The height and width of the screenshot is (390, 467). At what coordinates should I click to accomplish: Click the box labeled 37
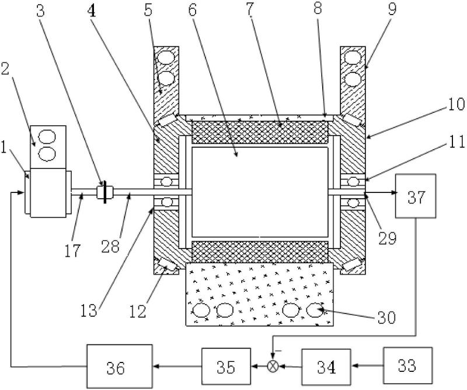[416, 196]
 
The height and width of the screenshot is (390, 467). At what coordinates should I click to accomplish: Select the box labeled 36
[120, 367]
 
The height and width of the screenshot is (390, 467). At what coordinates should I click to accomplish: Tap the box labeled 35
[226, 366]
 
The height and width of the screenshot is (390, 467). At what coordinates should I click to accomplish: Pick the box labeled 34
[326, 367]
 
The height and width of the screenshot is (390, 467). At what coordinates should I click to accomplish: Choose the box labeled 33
[407, 365]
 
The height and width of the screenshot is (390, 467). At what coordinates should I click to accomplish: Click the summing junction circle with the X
[273, 366]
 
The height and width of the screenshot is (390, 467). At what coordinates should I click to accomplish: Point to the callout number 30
[386, 317]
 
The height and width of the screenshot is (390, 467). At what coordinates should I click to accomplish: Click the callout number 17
[72, 250]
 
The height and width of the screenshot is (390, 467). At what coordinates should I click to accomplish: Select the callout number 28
[110, 247]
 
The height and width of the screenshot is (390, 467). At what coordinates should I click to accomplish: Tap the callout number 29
[387, 238]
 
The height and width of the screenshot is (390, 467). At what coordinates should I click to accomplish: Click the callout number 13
[89, 310]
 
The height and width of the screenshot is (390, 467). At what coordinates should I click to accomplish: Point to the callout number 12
[138, 311]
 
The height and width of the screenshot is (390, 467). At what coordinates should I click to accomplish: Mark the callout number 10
[456, 104]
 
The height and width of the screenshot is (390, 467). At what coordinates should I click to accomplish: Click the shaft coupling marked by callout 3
[105, 192]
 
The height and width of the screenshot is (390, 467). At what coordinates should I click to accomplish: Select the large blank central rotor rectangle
[260, 192]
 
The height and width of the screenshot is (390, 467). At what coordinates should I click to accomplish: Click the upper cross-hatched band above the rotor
[260, 132]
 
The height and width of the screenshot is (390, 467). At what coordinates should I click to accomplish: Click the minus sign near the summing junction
[278, 351]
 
